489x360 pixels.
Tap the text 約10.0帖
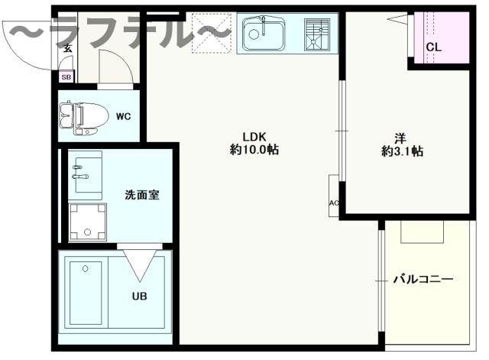(x=254, y=151)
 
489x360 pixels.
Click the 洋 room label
(x=400, y=138)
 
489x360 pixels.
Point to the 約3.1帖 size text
(x=402, y=151)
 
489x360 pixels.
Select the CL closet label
(x=433, y=47)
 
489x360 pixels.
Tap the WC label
(x=123, y=117)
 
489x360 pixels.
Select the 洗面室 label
(x=142, y=194)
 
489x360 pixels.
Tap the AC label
(x=333, y=203)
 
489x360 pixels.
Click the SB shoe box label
(x=66, y=76)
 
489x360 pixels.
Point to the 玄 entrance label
(x=67, y=49)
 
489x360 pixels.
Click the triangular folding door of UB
(x=139, y=263)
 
